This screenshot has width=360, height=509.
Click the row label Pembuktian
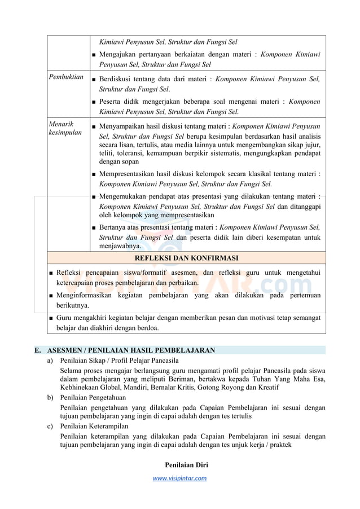(x=66, y=77)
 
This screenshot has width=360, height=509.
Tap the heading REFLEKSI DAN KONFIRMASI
(x=186, y=258)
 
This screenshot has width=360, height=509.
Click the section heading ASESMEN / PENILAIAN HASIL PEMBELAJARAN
(x=131, y=350)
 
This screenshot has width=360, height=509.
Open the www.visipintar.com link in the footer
(x=179, y=478)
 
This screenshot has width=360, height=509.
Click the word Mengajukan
(x=119, y=55)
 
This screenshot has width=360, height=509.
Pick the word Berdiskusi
(x=116, y=80)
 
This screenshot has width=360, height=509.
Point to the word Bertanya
(x=113, y=227)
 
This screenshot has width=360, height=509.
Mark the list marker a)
(x=51, y=360)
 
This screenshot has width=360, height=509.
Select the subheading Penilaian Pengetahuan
(x=93, y=398)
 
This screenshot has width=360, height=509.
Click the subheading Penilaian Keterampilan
(x=94, y=426)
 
